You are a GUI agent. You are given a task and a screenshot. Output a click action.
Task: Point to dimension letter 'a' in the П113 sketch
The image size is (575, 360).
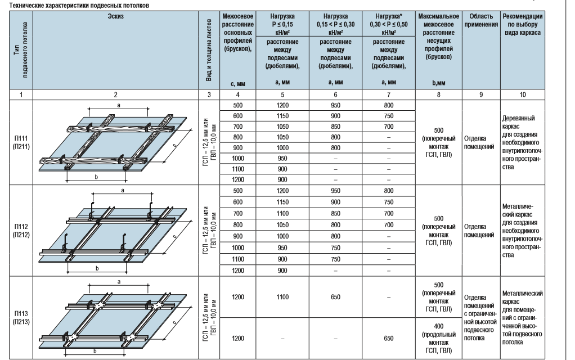point(119,281)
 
